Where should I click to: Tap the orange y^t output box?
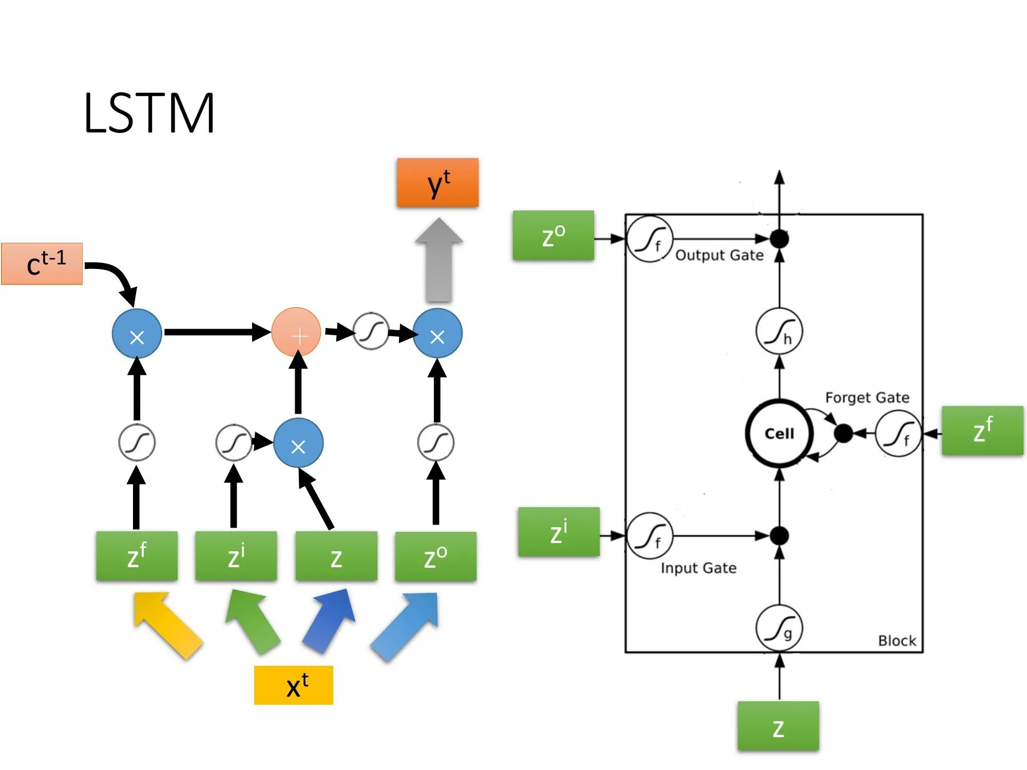click(438, 183)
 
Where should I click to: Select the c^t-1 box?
click(42, 264)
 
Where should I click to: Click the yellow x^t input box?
click(294, 685)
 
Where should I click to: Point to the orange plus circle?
click(296, 332)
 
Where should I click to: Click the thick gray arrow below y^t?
click(439, 260)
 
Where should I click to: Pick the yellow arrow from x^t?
click(167, 625)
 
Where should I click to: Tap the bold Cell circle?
click(779, 433)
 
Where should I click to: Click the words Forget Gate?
click(867, 398)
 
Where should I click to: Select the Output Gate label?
click(719, 255)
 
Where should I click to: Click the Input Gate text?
click(698, 568)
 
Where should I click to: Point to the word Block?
click(897, 641)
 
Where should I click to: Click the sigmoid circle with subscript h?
click(779, 331)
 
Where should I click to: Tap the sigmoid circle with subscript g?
click(779, 628)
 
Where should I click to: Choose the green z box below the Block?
click(778, 726)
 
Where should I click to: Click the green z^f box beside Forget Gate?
click(982, 430)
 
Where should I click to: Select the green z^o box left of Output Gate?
click(554, 235)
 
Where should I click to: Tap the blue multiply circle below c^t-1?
click(137, 333)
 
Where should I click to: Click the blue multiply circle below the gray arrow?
click(438, 333)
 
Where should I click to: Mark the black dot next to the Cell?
click(843, 433)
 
